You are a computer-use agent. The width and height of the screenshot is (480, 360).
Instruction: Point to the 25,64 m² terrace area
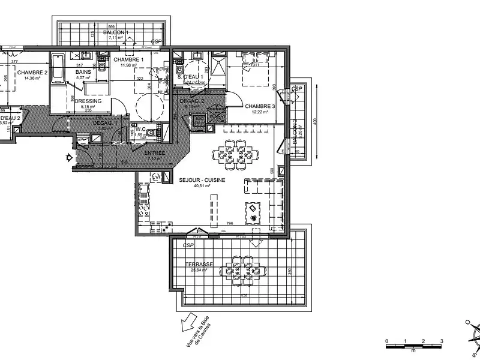(x=199, y=270)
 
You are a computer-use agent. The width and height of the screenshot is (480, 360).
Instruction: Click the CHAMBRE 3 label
(x=259, y=106)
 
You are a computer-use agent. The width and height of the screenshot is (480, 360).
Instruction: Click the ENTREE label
(x=154, y=153)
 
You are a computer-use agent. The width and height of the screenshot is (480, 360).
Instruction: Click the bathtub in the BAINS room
(x=58, y=71)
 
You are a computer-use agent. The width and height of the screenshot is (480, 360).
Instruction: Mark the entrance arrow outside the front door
(x=70, y=158)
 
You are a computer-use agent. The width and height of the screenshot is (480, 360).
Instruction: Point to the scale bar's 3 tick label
(x=442, y=341)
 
